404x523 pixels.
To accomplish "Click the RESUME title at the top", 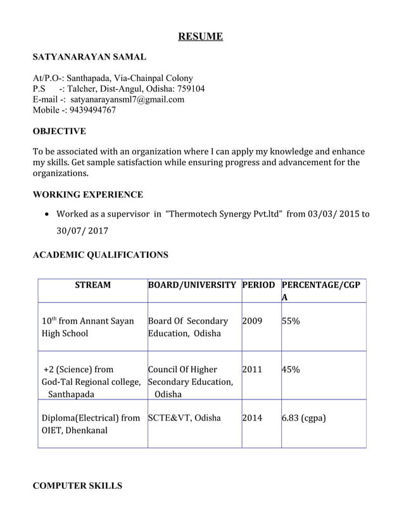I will [200, 37].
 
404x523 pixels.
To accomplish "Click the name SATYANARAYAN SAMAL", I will [89, 58].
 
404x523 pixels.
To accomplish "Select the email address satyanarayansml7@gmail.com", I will [127, 99].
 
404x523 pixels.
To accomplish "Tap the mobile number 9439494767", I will [92, 110].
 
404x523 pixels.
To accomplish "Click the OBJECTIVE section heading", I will [59, 131].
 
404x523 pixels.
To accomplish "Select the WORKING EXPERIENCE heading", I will [87, 194].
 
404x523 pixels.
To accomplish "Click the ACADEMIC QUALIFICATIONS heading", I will [100, 255].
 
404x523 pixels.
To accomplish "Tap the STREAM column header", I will [92, 285].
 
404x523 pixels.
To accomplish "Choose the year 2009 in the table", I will [252, 321].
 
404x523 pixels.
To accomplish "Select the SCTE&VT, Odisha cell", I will [184, 418].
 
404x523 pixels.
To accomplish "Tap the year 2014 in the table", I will [252, 418].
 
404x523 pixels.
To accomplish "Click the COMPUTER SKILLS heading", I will [77, 486].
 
